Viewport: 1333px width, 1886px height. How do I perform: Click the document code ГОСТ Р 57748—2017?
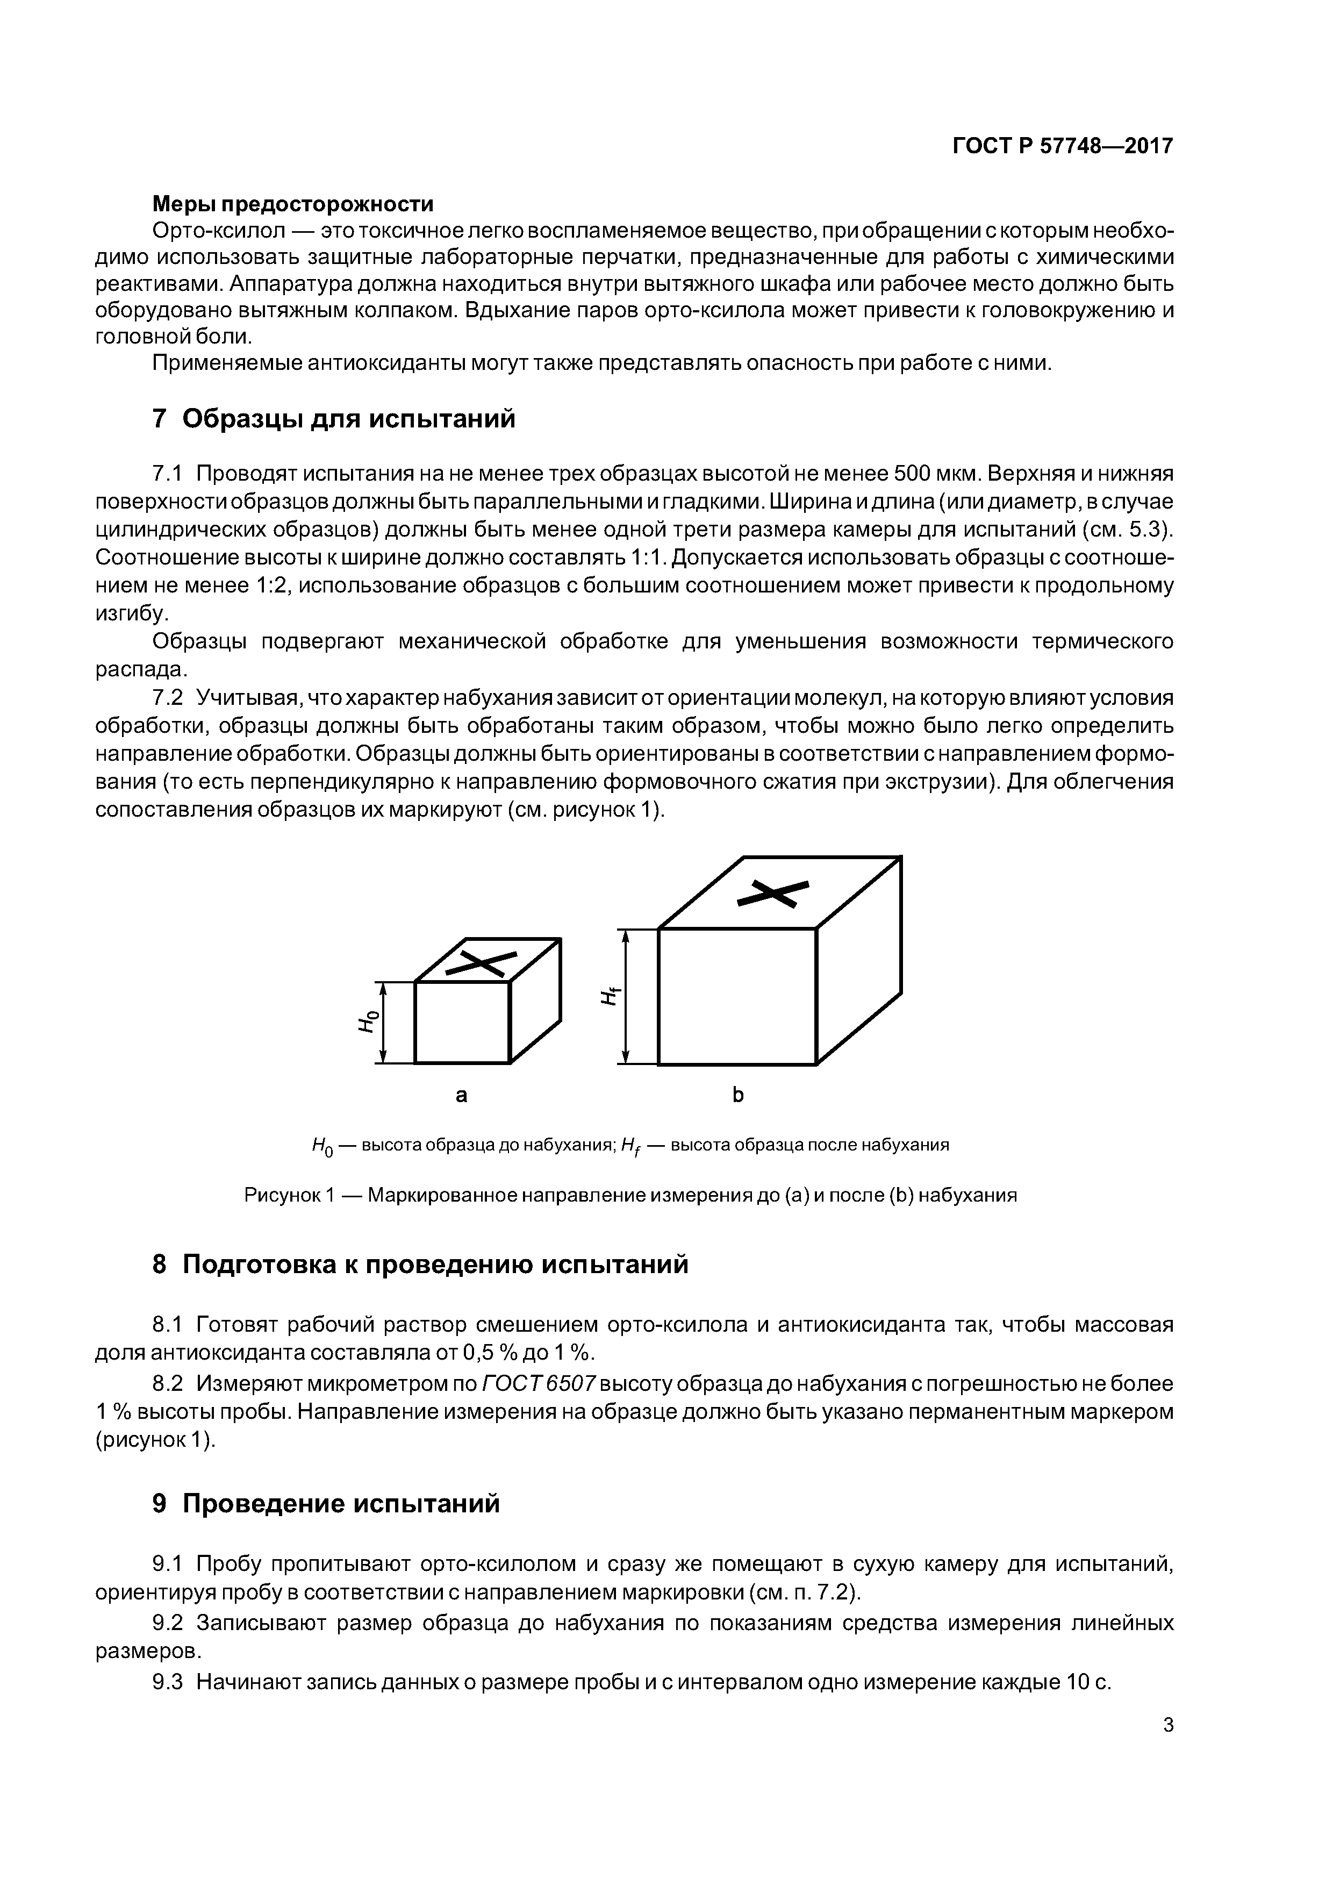(x=1062, y=146)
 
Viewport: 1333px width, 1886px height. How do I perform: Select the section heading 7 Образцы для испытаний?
(x=334, y=419)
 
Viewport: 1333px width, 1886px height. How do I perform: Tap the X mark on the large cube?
(x=773, y=894)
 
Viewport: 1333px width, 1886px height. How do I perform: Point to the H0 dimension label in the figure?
(x=369, y=1021)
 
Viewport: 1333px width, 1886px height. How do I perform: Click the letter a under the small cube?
(x=462, y=1095)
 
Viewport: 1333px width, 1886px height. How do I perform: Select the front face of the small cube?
(x=462, y=1022)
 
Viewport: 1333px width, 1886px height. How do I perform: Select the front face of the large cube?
(x=737, y=996)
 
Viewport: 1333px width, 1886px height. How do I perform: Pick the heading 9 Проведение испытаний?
(x=326, y=1504)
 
